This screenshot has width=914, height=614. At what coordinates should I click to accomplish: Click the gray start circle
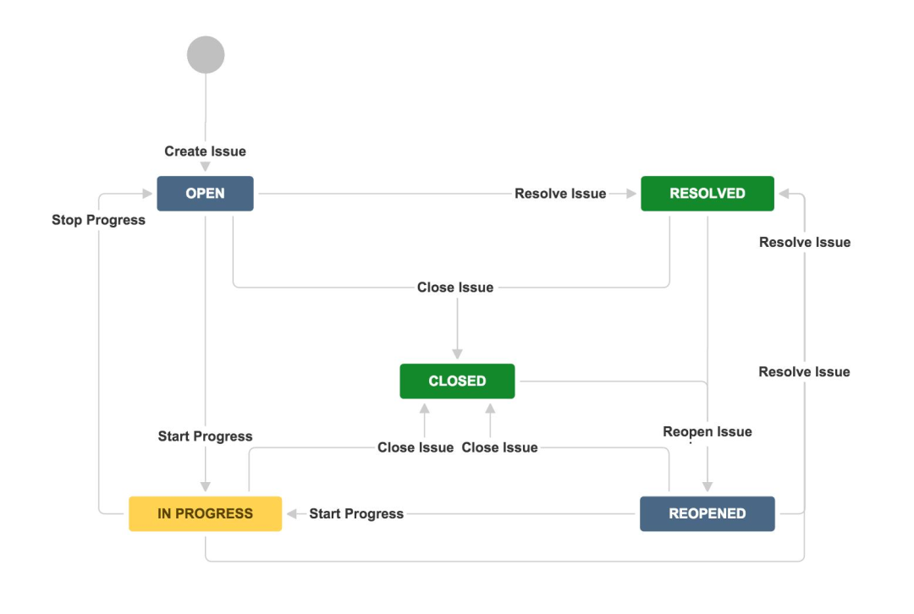206,55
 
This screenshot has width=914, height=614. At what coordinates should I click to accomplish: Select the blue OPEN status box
205,194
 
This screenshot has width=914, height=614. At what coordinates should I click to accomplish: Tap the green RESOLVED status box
707,194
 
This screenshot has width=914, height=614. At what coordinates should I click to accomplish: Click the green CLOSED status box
457,381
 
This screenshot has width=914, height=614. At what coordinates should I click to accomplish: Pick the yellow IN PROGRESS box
205,513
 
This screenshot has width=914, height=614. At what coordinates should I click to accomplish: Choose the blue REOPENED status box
707,513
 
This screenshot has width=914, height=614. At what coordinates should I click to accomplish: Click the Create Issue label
205,151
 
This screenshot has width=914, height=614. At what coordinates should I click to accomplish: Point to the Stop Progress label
98,220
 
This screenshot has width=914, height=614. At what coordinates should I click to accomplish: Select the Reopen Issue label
707,432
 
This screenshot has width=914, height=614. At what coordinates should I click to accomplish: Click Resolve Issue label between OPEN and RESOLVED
560,194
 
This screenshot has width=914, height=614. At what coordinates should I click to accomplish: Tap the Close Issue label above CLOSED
455,288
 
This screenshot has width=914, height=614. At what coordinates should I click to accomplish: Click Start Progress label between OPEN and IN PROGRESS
205,436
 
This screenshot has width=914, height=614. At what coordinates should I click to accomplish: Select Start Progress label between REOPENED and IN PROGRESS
356,513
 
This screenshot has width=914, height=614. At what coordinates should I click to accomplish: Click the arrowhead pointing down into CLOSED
457,354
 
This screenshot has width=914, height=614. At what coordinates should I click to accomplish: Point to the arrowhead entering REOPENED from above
707,487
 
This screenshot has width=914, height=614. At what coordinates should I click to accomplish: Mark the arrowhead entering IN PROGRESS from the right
292,513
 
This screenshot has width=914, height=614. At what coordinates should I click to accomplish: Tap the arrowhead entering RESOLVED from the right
785,194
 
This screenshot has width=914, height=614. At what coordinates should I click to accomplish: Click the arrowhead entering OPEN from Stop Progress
147,194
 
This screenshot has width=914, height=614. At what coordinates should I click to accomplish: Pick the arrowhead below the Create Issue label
205,167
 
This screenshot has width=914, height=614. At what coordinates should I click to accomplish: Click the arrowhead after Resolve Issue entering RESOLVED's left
630,194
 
